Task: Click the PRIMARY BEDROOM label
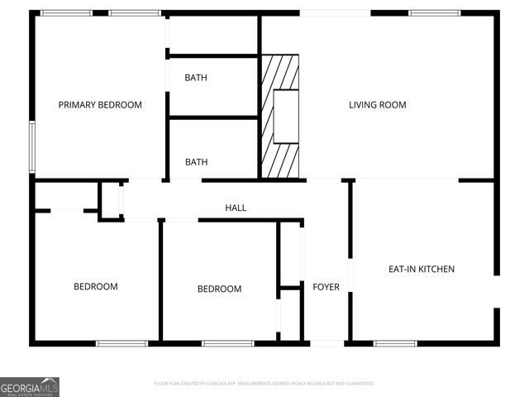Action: (100, 105)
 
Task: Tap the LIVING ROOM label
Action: (377, 105)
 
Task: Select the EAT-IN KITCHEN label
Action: (422, 269)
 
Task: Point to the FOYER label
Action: (326, 287)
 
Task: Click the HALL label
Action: (236, 208)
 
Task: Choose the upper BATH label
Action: (196, 78)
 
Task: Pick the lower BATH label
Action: (196, 162)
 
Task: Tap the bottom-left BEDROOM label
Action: (96, 287)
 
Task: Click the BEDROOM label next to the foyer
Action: (219, 289)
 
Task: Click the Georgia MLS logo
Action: (30, 386)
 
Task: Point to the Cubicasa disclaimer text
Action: (264, 384)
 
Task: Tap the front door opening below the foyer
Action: (326, 342)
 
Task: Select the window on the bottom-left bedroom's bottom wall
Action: (122, 342)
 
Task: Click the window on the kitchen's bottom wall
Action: (396, 342)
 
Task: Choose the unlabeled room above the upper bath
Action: (213, 35)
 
